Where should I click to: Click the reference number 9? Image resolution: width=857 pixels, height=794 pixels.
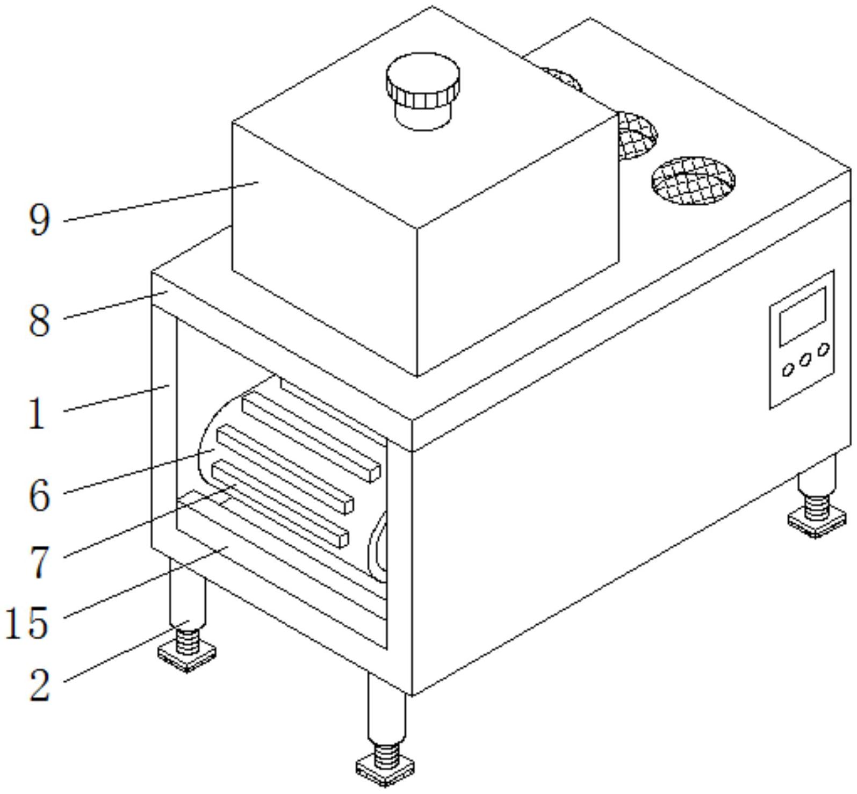click(x=39, y=220)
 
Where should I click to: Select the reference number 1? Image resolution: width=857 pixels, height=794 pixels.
click(x=37, y=414)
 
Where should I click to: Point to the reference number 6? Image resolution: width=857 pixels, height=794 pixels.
click(x=39, y=495)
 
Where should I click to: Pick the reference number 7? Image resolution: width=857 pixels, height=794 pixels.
click(x=39, y=562)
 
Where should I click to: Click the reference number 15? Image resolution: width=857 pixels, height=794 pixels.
click(x=27, y=623)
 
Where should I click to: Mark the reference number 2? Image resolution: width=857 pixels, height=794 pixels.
click(x=39, y=685)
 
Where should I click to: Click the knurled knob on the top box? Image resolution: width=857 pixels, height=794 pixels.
click(x=422, y=81)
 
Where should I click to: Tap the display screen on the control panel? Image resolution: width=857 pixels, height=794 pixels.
click(x=802, y=316)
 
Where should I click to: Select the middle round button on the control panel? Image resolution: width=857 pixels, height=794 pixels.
click(x=805, y=360)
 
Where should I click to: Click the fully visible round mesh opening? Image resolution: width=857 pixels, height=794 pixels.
click(x=693, y=181)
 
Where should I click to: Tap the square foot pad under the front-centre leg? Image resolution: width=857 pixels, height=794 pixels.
click(x=385, y=767)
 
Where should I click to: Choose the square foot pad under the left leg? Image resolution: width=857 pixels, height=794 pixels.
click(x=187, y=656)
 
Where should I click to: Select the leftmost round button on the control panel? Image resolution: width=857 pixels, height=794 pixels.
click(x=788, y=370)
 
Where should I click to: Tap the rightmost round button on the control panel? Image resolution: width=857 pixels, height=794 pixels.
click(x=823, y=350)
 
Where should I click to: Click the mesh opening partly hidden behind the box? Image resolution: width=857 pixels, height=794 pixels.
click(x=637, y=134)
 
